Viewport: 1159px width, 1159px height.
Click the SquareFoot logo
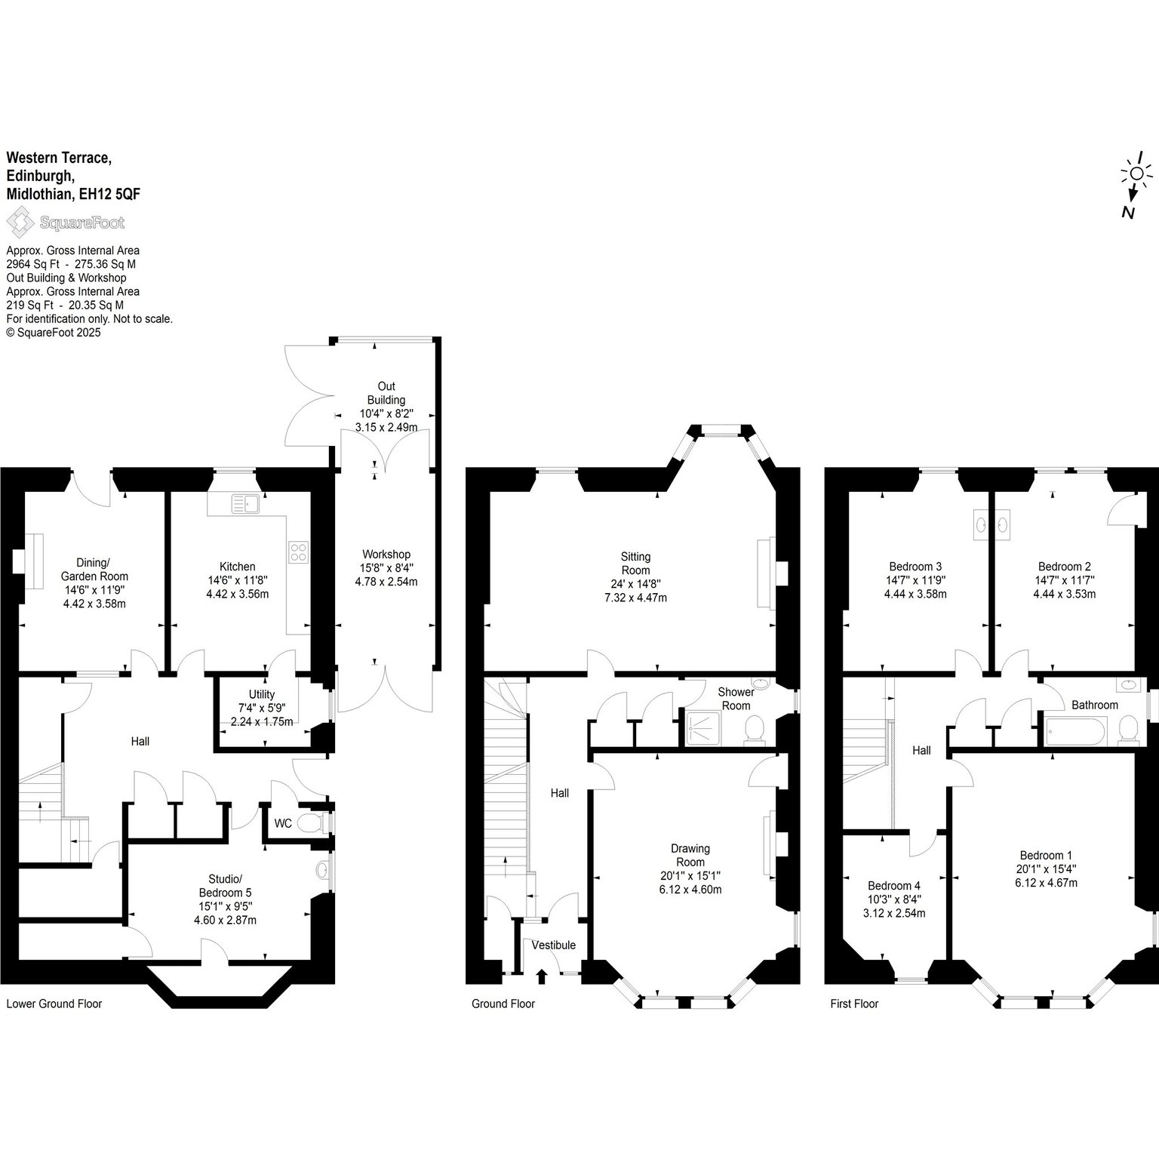tap(66, 223)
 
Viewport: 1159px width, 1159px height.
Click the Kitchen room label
tap(238, 567)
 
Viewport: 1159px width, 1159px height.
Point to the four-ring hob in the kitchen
tap(297, 552)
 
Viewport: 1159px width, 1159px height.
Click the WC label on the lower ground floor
tap(283, 823)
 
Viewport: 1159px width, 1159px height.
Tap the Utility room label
tap(262, 694)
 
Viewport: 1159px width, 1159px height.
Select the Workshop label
tap(386, 555)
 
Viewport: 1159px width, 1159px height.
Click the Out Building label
tap(386, 393)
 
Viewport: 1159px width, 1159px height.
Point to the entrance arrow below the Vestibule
tap(541, 977)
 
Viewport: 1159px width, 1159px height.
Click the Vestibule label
tap(554, 945)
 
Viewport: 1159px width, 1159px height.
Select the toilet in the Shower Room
tap(755, 729)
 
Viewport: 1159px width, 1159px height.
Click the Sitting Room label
tap(636, 564)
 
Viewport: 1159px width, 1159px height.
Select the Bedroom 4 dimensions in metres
tap(894, 913)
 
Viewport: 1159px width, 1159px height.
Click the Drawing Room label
tap(690, 855)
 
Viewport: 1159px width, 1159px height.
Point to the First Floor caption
tap(854, 1004)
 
